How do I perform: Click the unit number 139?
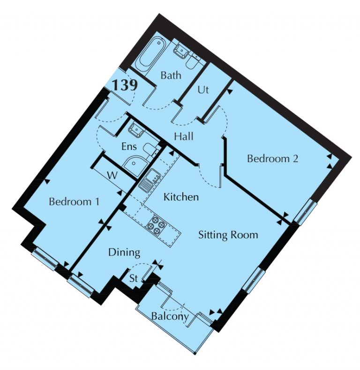pyautogui.click(x=125, y=85)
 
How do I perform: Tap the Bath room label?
pyautogui.click(x=171, y=75)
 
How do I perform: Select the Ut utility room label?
pyautogui.click(x=203, y=90)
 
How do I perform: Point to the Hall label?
pyautogui.click(x=184, y=136)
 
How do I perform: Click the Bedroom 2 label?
pyautogui.click(x=273, y=158)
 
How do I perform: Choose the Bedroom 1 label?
pyautogui.click(x=74, y=201)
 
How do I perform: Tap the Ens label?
pyautogui.click(x=129, y=147)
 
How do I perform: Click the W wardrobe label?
pyautogui.click(x=112, y=176)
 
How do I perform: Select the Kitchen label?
pyautogui.click(x=181, y=197)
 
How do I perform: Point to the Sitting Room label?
pyautogui.click(x=228, y=235)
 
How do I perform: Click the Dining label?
pyautogui.click(x=124, y=253)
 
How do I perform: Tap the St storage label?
pyautogui.click(x=134, y=279)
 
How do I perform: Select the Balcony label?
pyautogui.click(x=170, y=316)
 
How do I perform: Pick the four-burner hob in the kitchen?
pyautogui.click(x=156, y=225)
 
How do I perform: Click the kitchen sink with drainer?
pyautogui.click(x=150, y=180)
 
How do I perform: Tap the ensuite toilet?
pyautogui.click(x=150, y=151)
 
